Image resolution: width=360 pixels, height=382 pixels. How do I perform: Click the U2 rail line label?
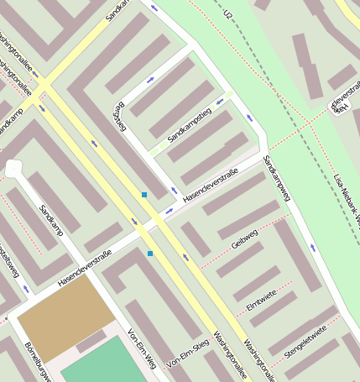tap(227, 14)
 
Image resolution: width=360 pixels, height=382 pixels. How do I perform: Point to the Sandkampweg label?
tap(277, 179)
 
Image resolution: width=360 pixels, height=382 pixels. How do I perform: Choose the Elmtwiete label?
tap(262, 297)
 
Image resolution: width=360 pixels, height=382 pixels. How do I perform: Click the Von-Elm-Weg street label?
tap(140, 348)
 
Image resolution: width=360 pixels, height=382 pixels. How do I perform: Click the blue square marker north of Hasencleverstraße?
tap(144, 195)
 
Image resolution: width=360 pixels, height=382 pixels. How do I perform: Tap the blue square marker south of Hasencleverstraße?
tap(150, 253)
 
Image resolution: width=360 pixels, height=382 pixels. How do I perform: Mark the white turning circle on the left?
tap(13, 169)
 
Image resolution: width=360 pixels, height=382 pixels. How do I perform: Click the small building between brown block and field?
tap(91, 343)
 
